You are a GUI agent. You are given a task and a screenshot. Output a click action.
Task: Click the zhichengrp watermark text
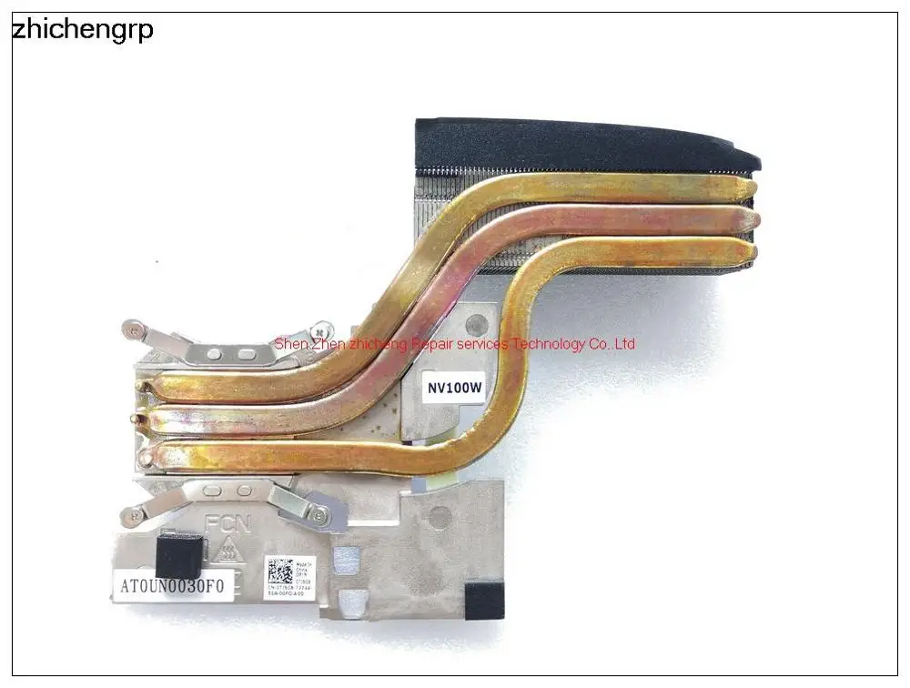point(82,30)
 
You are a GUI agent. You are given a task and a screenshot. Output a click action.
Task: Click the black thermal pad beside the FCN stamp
point(178,554)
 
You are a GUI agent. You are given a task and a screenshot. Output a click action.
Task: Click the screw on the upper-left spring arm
point(135,329)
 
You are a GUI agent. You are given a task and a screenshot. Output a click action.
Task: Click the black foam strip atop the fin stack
point(582,143)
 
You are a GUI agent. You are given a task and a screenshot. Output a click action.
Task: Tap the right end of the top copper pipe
point(748,188)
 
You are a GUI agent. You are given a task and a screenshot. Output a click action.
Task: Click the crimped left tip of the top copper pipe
point(143,386)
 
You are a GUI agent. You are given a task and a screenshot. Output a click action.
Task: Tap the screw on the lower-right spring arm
point(318,516)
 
